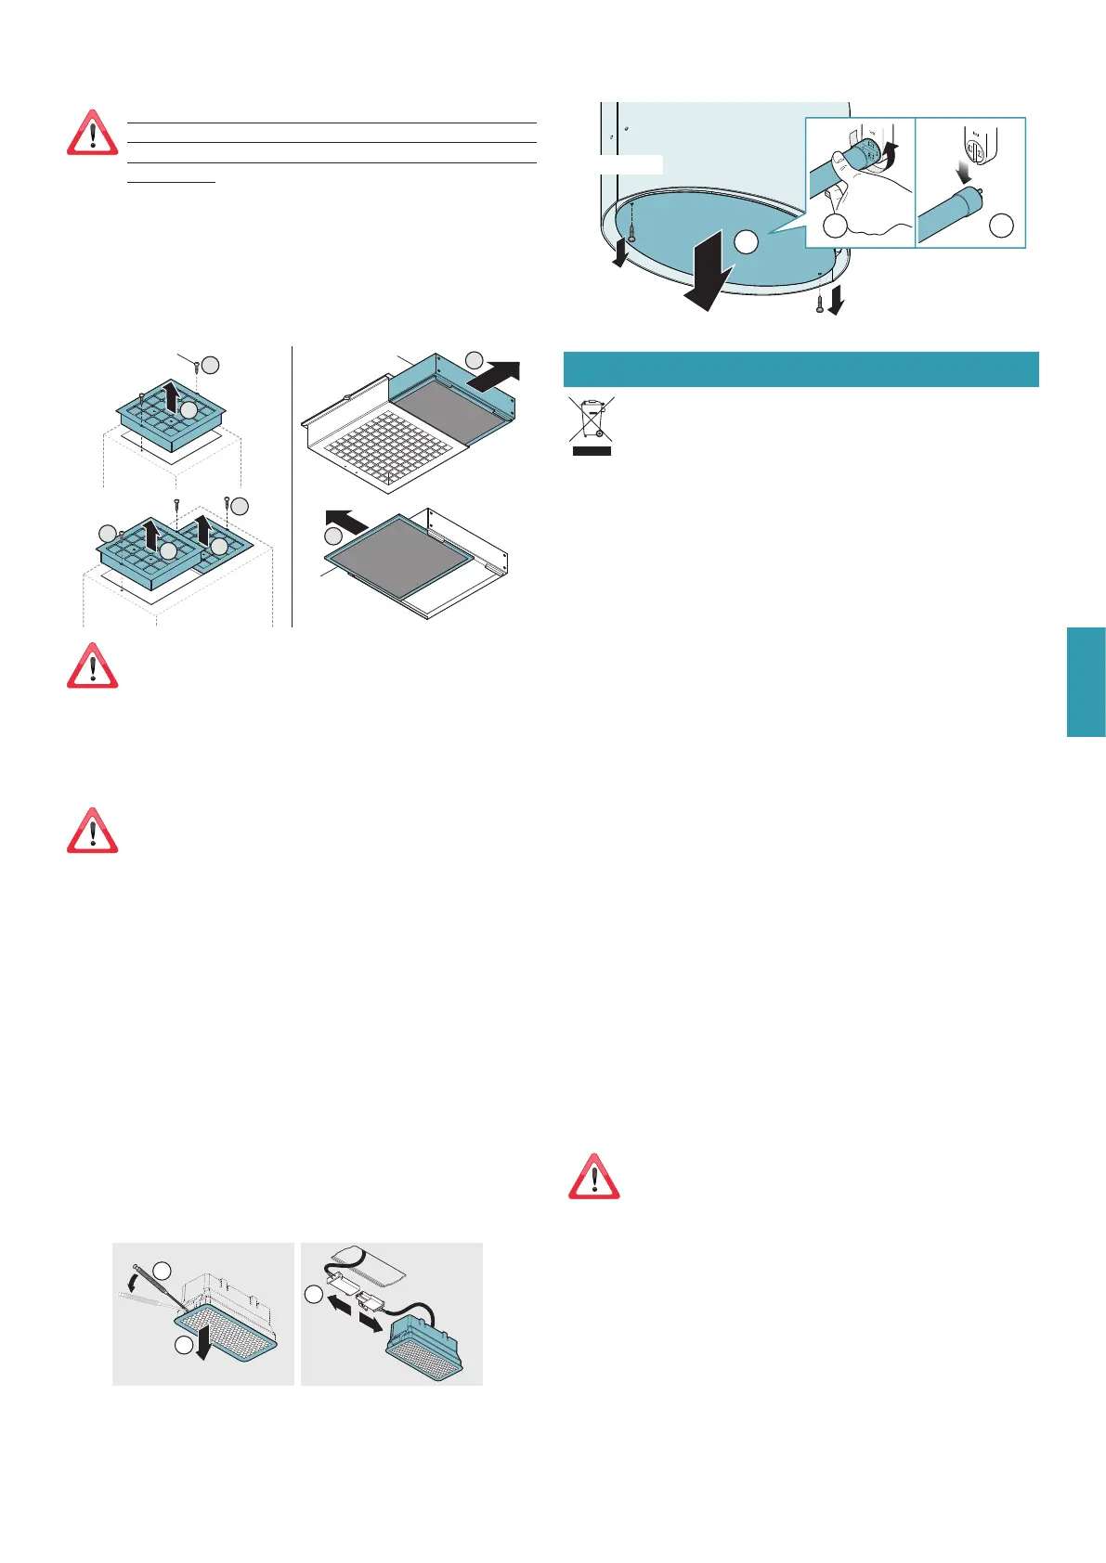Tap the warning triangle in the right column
click(x=594, y=1177)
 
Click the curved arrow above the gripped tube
click(x=891, y=154)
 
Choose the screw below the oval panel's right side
click(x=819, y=302)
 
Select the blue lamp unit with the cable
click(x=423, y=1352)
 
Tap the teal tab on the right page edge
click(x=1086, y=682)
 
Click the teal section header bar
click(x=800, y=368)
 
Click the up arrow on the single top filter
click(x=171, y=400)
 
